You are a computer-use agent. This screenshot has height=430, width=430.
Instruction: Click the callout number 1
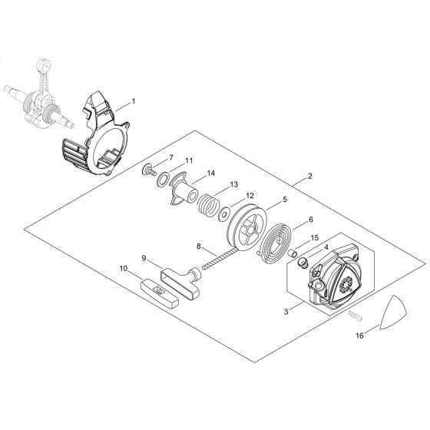134,101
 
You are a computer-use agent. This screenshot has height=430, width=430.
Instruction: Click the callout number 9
144,258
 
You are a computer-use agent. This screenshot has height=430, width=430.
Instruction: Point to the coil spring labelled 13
207,206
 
